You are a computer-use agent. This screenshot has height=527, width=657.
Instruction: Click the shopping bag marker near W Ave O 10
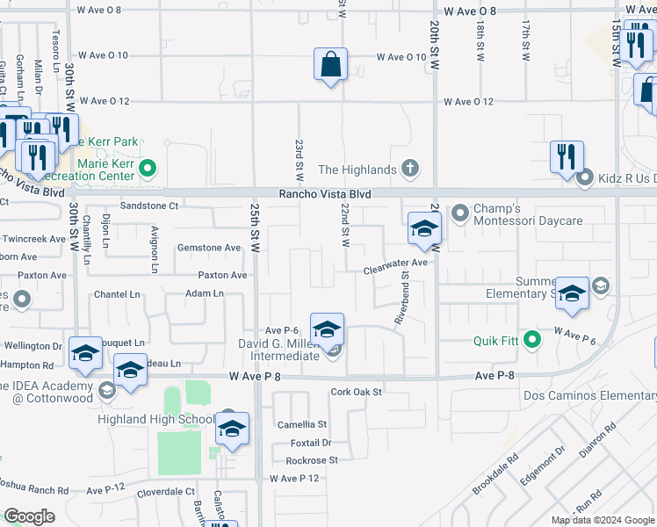click(330, 65)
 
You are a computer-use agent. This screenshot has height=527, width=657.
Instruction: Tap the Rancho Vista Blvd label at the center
click(325, 194)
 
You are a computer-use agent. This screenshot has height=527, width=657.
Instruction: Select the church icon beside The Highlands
click(410, 169)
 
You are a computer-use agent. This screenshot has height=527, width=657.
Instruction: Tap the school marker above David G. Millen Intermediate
click(327, 330)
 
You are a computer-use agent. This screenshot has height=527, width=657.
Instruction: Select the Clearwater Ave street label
click(395, 263)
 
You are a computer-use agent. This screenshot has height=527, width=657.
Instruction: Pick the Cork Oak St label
click(357, 392)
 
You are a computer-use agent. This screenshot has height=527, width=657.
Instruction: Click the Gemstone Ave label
click(209, 248)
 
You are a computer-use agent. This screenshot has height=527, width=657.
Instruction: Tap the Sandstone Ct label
click(149, 206)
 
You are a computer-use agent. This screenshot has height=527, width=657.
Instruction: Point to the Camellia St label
click(302, 424)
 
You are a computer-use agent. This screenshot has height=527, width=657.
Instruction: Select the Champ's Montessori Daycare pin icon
click(459, 213)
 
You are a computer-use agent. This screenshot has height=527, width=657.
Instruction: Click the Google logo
click(30, 516)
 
